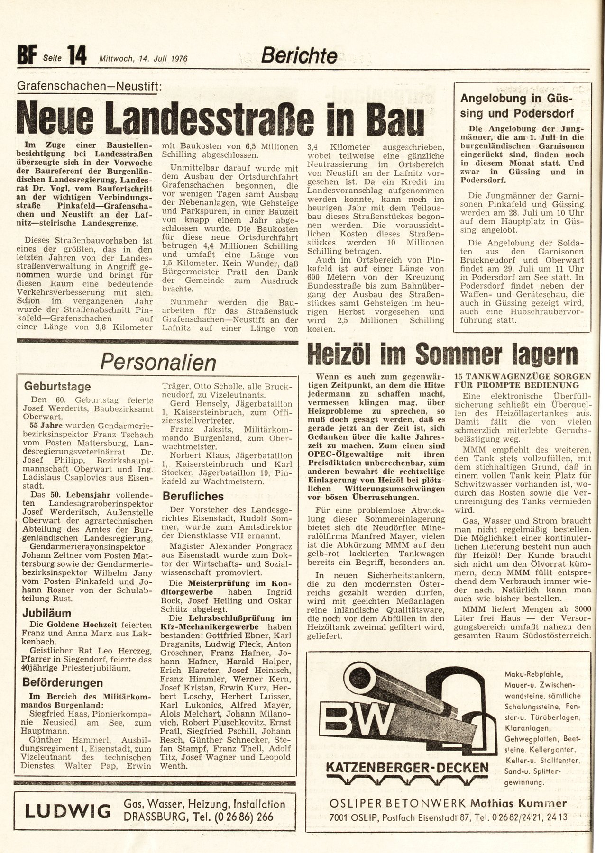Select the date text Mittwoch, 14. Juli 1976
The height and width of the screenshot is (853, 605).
click(x=143, y=59)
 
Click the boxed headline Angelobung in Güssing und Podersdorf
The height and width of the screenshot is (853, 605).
click(x=517, y=106)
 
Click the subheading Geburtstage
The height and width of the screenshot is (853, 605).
click(x=57, y=386)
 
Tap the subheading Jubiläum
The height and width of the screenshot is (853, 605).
click(x=47, y=613)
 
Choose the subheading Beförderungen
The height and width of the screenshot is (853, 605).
click(x=63, y=682)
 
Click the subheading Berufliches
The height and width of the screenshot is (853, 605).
click(x=193, y=496)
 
